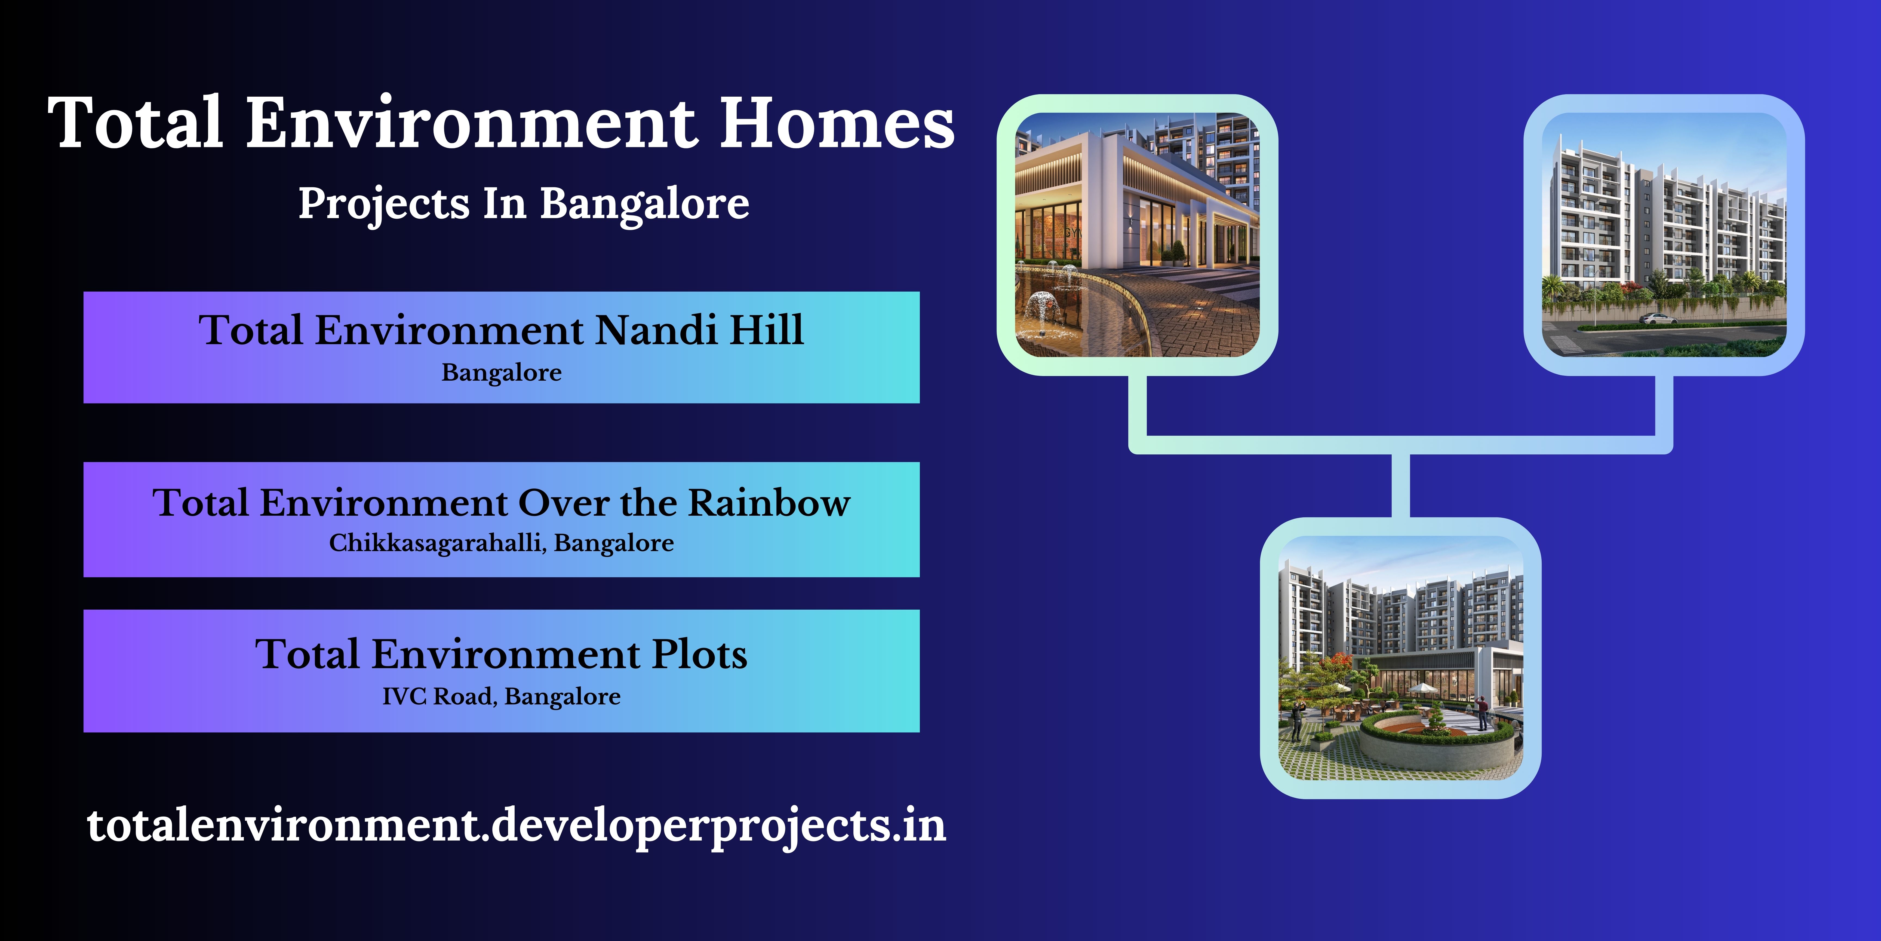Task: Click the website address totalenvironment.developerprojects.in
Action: (516, 826)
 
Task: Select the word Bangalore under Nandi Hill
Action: (502, 372)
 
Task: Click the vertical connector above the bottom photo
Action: (1400, 485)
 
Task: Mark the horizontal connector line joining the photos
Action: (1400, 445)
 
